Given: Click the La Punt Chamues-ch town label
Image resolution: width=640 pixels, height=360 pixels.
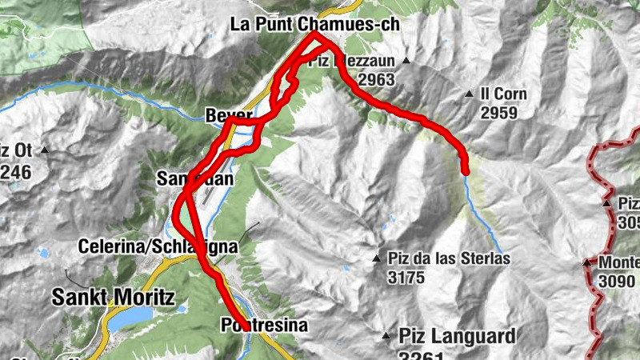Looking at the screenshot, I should click(314, 25).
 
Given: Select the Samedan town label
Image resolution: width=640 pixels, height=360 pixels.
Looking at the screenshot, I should click(196, 178).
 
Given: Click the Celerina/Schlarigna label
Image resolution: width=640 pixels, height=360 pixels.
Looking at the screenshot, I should click(158, 246).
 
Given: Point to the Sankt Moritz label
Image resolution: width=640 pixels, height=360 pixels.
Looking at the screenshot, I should click(113, 297).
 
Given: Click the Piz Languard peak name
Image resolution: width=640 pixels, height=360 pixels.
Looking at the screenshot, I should click(457, 335).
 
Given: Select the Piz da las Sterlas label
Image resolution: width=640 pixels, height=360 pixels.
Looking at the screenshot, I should click(449, 259).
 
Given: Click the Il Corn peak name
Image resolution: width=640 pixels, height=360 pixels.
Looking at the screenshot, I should click(504, 94).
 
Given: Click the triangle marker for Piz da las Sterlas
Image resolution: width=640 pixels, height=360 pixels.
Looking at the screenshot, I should click(376, 258).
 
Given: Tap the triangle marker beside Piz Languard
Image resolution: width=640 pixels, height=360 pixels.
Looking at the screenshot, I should click(386, 336).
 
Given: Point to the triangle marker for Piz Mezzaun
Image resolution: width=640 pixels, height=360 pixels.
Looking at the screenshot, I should click(406, 61).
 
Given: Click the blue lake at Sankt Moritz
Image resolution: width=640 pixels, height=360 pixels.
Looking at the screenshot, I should click(128, 319).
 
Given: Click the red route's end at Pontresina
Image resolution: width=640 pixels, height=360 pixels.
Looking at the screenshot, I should click(241, 325).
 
